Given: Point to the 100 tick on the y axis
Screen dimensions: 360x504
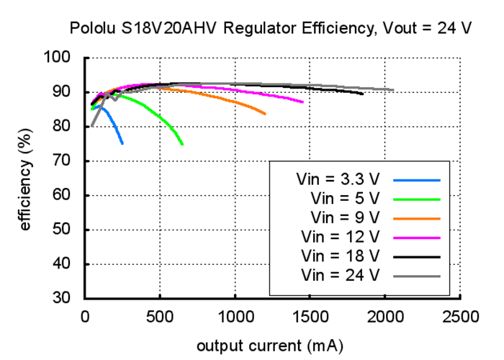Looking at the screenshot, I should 59,57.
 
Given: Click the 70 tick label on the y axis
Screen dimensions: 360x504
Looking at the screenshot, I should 63,161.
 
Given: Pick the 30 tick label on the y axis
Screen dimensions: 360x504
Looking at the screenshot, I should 63,298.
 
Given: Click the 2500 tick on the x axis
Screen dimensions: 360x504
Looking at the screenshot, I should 461,315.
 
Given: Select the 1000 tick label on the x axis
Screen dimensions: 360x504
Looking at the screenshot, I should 235,315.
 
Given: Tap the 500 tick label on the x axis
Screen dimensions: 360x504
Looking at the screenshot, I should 160,315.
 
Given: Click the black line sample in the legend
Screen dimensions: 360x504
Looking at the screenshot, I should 418,256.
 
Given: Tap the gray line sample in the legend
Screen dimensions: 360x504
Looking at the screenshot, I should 418,274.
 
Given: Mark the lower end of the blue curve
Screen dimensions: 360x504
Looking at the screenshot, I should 122,143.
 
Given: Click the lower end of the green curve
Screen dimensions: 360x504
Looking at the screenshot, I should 182,144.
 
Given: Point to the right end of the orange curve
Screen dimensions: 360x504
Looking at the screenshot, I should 265,114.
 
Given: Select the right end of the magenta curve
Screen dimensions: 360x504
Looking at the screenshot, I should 302,102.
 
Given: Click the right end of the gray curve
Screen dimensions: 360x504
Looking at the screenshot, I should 393,90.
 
